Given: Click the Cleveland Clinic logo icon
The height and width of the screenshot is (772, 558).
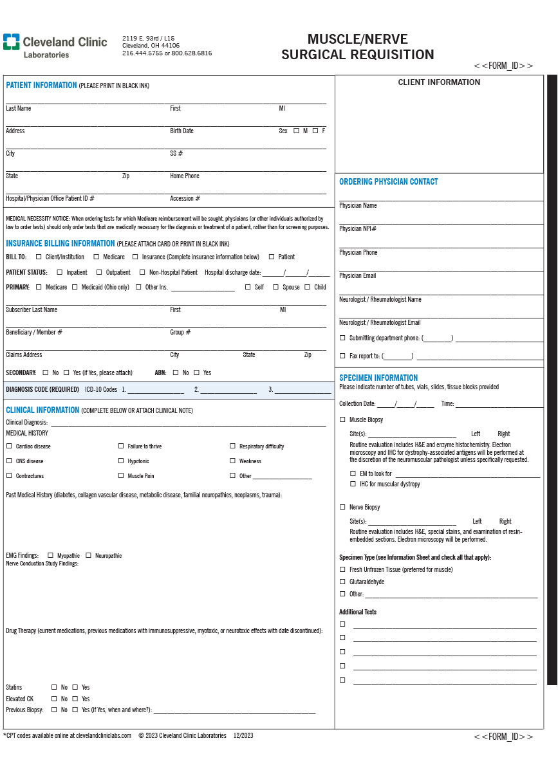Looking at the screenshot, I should coord(11,42).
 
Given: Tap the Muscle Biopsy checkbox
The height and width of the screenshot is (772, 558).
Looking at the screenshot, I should coord(342,419).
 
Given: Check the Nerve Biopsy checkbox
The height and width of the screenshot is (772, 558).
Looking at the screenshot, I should coord(342,507).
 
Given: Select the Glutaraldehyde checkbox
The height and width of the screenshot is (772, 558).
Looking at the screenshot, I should coord(342,582).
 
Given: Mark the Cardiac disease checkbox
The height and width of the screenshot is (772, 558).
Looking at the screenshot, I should coord(9,446).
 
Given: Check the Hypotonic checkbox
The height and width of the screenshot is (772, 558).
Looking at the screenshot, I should coord(121,461).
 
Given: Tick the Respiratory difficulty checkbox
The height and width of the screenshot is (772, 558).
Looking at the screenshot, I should coord(233,446).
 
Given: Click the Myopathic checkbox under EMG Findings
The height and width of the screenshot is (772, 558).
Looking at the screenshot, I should coord(50,555).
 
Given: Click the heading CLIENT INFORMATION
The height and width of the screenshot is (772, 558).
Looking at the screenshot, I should coord(439,82).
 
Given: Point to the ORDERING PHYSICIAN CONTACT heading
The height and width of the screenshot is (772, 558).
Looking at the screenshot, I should coord(388,182).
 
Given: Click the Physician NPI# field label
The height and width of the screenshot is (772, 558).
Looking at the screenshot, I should coord(358,229).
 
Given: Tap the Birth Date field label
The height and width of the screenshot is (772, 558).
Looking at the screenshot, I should coord(181,131).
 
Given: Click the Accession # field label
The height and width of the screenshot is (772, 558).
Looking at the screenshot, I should coord(185,199).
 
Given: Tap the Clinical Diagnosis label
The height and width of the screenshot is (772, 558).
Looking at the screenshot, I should coord(26,423).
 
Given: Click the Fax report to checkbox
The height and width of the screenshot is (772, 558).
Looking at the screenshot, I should coord(342,356).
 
